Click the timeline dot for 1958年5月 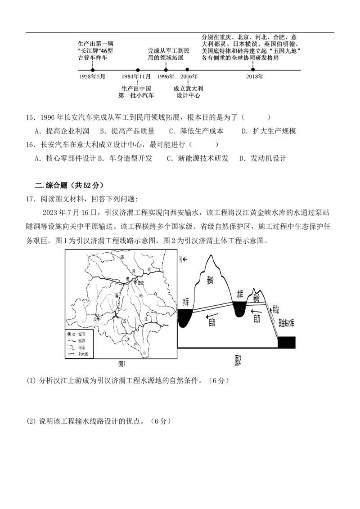(x=93, y=70)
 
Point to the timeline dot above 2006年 (x=187, y=70)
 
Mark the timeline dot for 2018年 (x=253, y=70)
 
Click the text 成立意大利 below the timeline (x=188, y=89)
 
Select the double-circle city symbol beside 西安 (x=135, y=281)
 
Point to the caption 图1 (x=121, y=364)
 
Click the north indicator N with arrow (x=183, y=260)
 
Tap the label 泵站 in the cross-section (x=275, y=309)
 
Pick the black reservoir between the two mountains (x=238, y=308)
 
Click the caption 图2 (x=238, y=361)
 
